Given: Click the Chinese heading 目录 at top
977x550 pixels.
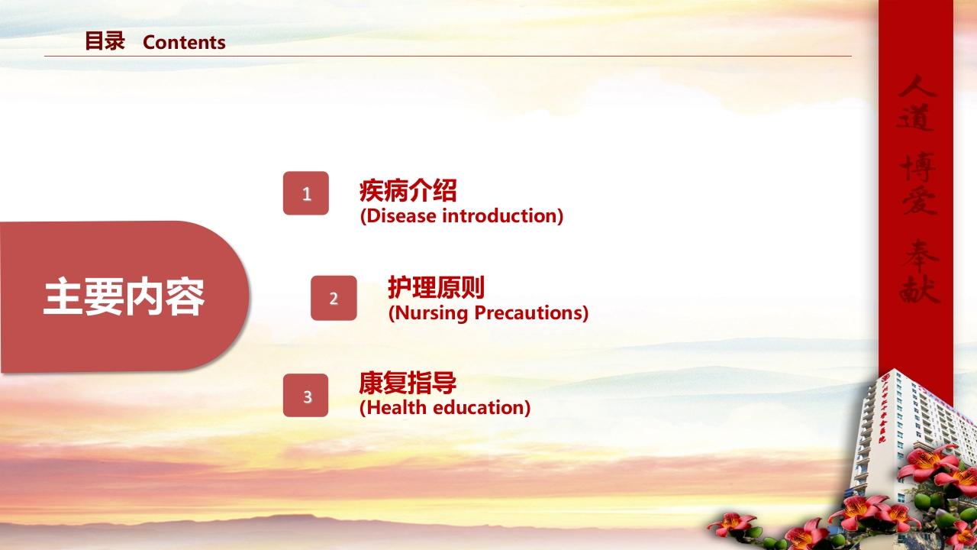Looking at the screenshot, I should [x=105, y=41].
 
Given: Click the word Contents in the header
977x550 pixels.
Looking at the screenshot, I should [x=184, y=43].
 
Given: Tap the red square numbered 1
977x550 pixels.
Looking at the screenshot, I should [x=306, y=193].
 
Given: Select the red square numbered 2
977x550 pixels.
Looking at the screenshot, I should [x=334, y=298].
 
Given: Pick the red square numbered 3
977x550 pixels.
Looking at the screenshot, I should [x=306, y=396].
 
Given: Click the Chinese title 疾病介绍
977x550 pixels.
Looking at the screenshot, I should [x=408, y=190].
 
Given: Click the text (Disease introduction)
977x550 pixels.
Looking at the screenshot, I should [x=461, y=216].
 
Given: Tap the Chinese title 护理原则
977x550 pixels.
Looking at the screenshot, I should [x=436, y=288].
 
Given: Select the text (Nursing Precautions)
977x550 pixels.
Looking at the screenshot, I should [x=488, y=313].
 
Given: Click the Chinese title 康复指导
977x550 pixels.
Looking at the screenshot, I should [x=408, y=383].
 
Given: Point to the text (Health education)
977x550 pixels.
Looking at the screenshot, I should [x=444, y=408].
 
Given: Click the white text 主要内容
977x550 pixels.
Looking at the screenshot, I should [x=124, y=297].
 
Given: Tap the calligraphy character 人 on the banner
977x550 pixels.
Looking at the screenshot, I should [x=916, y=86].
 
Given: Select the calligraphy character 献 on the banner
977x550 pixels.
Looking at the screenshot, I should [x=919, y=288].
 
